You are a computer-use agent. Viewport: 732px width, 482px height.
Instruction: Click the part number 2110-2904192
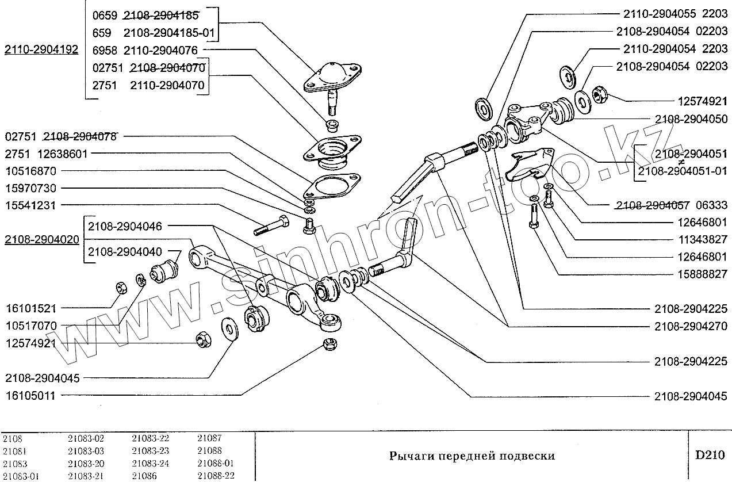(41, 49)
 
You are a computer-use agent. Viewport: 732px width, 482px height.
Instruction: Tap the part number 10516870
(31, 171)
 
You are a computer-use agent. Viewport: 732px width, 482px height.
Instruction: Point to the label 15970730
(31, 188)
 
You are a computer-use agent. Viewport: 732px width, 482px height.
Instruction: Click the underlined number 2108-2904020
(41, 240)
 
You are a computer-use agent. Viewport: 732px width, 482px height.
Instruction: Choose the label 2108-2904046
(125, 227)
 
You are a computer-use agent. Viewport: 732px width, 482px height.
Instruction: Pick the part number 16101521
(31, 308)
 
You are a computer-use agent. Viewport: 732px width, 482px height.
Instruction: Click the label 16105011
(31, 395)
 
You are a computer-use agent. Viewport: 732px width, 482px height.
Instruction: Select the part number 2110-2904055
(656, 13)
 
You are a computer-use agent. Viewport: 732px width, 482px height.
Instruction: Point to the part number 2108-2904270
(691, 326)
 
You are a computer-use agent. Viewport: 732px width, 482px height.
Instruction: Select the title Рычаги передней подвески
(472, 456)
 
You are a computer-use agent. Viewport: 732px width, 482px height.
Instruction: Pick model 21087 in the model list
(209, 438)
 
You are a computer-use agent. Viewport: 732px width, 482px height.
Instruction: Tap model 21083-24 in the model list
(150, 464)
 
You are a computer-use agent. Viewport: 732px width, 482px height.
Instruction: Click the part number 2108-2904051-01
(682, 171)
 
